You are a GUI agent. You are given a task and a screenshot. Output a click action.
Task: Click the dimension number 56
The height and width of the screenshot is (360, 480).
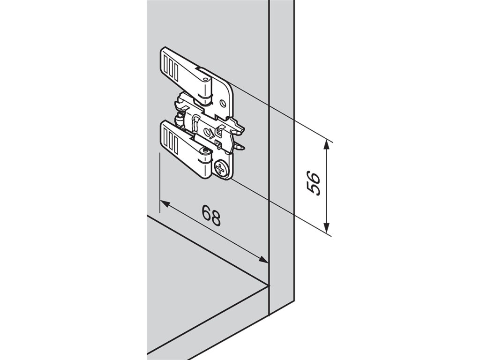(313, 183)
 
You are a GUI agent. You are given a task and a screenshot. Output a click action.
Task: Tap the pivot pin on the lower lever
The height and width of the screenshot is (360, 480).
(205, 150)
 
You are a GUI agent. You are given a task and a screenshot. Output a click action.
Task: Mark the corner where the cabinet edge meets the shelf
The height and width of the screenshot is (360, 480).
(269, 285)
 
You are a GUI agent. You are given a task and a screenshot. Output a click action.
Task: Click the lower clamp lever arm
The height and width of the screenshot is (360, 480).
(183, 145)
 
